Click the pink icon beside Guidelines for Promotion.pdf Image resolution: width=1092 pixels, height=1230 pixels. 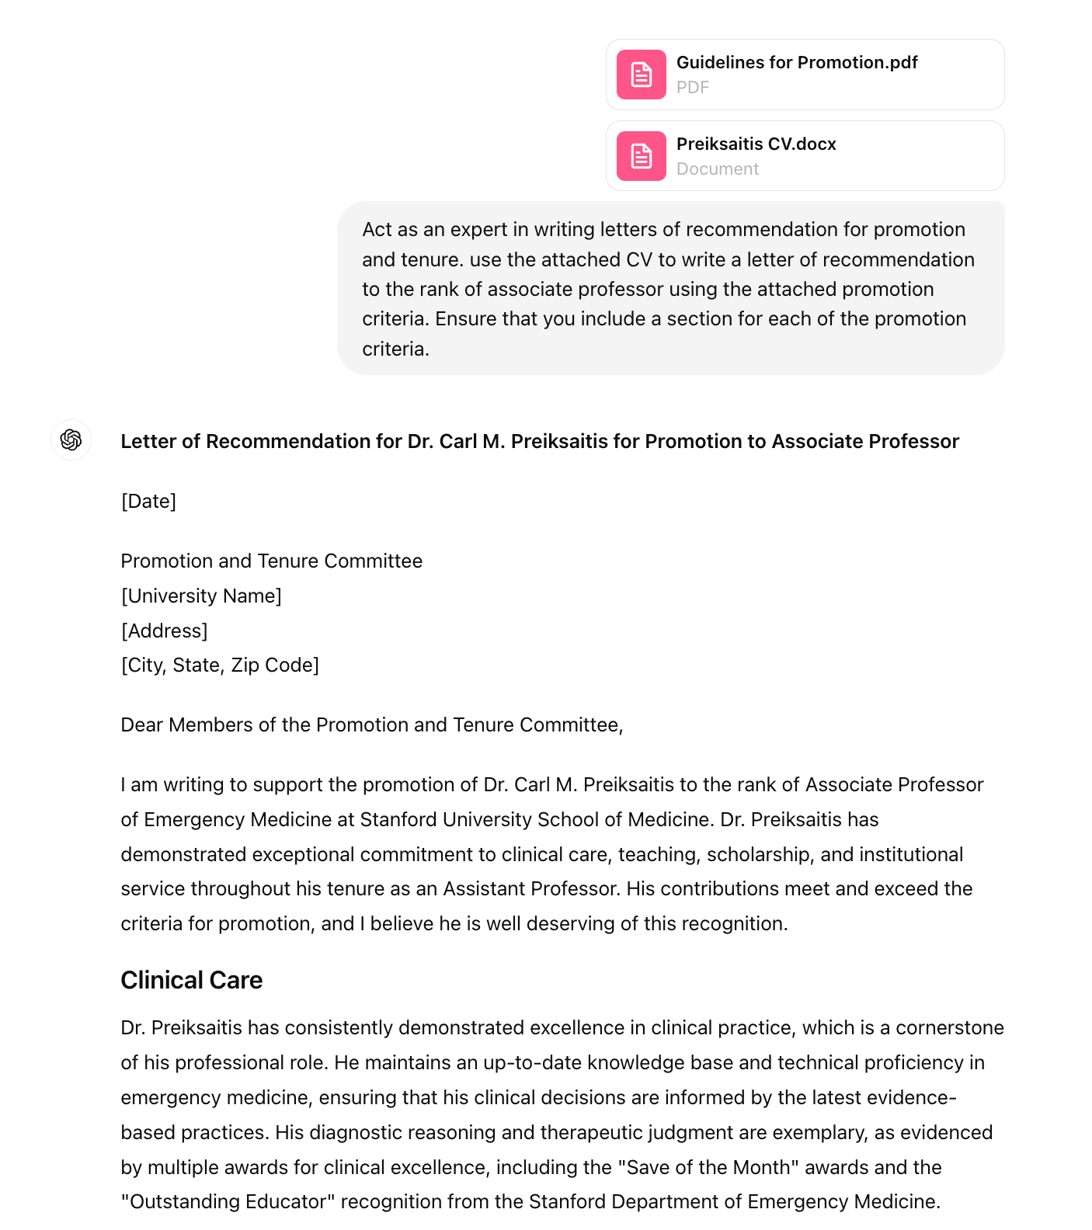click(x=641, y=75)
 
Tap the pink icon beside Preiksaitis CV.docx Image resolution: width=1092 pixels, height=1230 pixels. click(x=641, y=156)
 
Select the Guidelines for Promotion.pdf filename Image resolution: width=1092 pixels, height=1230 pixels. click(x=796, y=62)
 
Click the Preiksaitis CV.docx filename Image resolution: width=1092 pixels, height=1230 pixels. click(x=756, y=144)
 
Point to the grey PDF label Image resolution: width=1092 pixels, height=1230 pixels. click(x=692, y=87)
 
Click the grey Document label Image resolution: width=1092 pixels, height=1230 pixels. click(x=717, y=169)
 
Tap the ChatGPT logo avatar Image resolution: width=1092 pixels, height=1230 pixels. click(x=71, y=440)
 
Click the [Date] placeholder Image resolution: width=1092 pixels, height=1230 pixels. click(x=148, y=501)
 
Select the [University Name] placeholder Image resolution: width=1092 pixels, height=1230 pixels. click(x=201, y=596)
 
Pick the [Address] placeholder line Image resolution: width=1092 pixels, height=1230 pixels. click(x=164, y=631)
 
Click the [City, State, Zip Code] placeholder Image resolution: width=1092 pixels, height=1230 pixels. click(x=220, y=665)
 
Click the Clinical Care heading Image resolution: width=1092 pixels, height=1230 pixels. click(x=191, y=980)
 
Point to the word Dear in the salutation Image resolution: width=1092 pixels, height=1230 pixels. click(x=142, y=724)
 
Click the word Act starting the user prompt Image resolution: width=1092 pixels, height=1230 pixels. click(x=377, y=229)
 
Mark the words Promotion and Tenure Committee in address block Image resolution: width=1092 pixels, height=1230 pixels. click(x=271, y=561)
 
